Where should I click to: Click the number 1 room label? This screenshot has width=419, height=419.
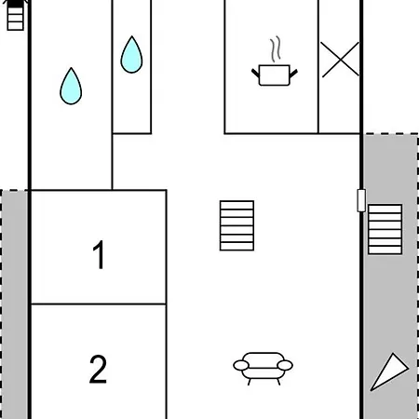pyautogui.click(x=99, y=254)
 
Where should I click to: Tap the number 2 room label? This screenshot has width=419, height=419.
pyautogui.click(x=98, y=369)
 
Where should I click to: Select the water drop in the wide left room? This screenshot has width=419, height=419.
pyautogui.click(x=71, y=87)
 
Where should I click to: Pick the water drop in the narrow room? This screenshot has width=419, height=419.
pyautogui.click(x=131, y=55)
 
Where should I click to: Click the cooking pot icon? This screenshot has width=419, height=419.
pyautogui.click(x=275, y=74)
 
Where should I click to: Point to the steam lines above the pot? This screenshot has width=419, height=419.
pyautogui.click(x=276, y=49)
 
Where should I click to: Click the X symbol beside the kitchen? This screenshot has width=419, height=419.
pyautogui.click(x=340, y=60)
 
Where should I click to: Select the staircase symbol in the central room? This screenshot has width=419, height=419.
pyautogui.click(x=237, y=225)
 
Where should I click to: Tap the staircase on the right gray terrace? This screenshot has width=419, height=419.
pyautogui.click(x=385, y=229)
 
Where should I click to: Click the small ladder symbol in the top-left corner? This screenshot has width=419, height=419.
pyautogui.click(x=15, y=16)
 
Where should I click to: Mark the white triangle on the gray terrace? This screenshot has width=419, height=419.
pyautogui.click(x=389, y=372)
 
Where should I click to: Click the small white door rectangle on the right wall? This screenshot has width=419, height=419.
pyautogui.click(x=361, y=200)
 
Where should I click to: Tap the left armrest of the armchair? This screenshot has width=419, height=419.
pyautogui.click(x=241, y=365)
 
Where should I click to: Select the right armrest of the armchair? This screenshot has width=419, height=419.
pyautogui.click(x=285, y=365)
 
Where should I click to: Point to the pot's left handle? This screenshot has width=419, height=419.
pyautogui.click(x=255, y=74)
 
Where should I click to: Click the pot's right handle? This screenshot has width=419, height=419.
pyautogui.click(x=293, y=74)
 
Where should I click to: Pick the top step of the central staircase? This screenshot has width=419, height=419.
pyautogui.click(x=237, y=205)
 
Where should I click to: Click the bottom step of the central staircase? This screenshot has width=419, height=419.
pyautogui.click(x=237, y=247)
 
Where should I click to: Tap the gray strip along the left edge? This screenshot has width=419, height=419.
pyautogui.click(x=14, y=304)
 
